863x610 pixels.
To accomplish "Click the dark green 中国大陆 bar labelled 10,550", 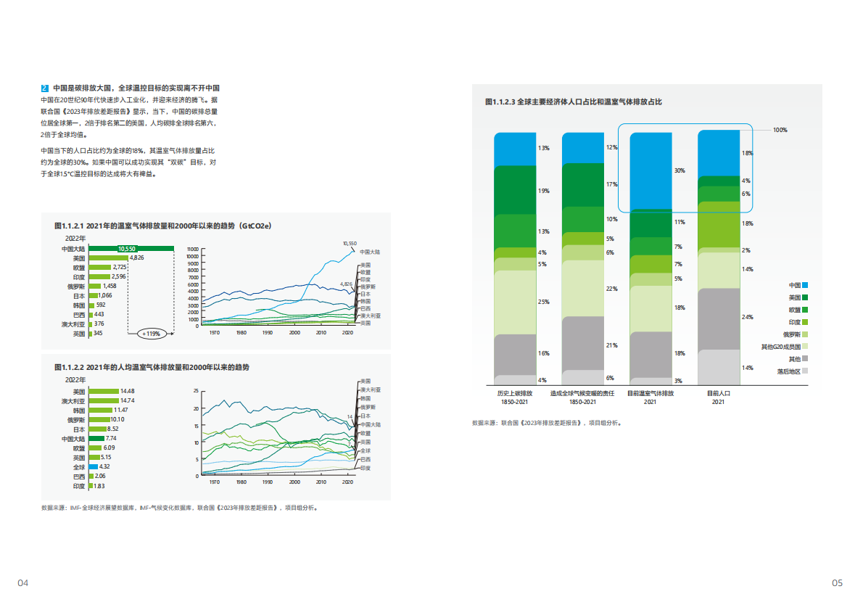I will click(131, 249).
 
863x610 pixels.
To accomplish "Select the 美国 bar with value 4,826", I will click(108, 258).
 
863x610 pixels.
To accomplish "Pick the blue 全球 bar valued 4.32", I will click(93, 466).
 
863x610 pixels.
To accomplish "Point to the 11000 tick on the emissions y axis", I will click(192, 249).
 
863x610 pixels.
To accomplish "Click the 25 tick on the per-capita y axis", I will click(195, 392).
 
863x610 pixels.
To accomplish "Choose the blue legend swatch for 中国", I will click(805, 285).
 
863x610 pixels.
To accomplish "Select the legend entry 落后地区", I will click(788, 371).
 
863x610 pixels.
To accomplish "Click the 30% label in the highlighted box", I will click(679, 171).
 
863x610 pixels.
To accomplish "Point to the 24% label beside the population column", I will click(747, 317).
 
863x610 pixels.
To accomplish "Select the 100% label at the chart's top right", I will click(780, 130).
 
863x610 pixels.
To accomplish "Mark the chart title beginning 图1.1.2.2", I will click(152, 368).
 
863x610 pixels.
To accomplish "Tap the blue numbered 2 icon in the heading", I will click(45, 88).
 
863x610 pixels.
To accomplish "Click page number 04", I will click(23, 582).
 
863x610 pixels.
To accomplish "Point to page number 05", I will click(838, 582).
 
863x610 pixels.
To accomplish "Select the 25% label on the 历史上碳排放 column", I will click(543, 302).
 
